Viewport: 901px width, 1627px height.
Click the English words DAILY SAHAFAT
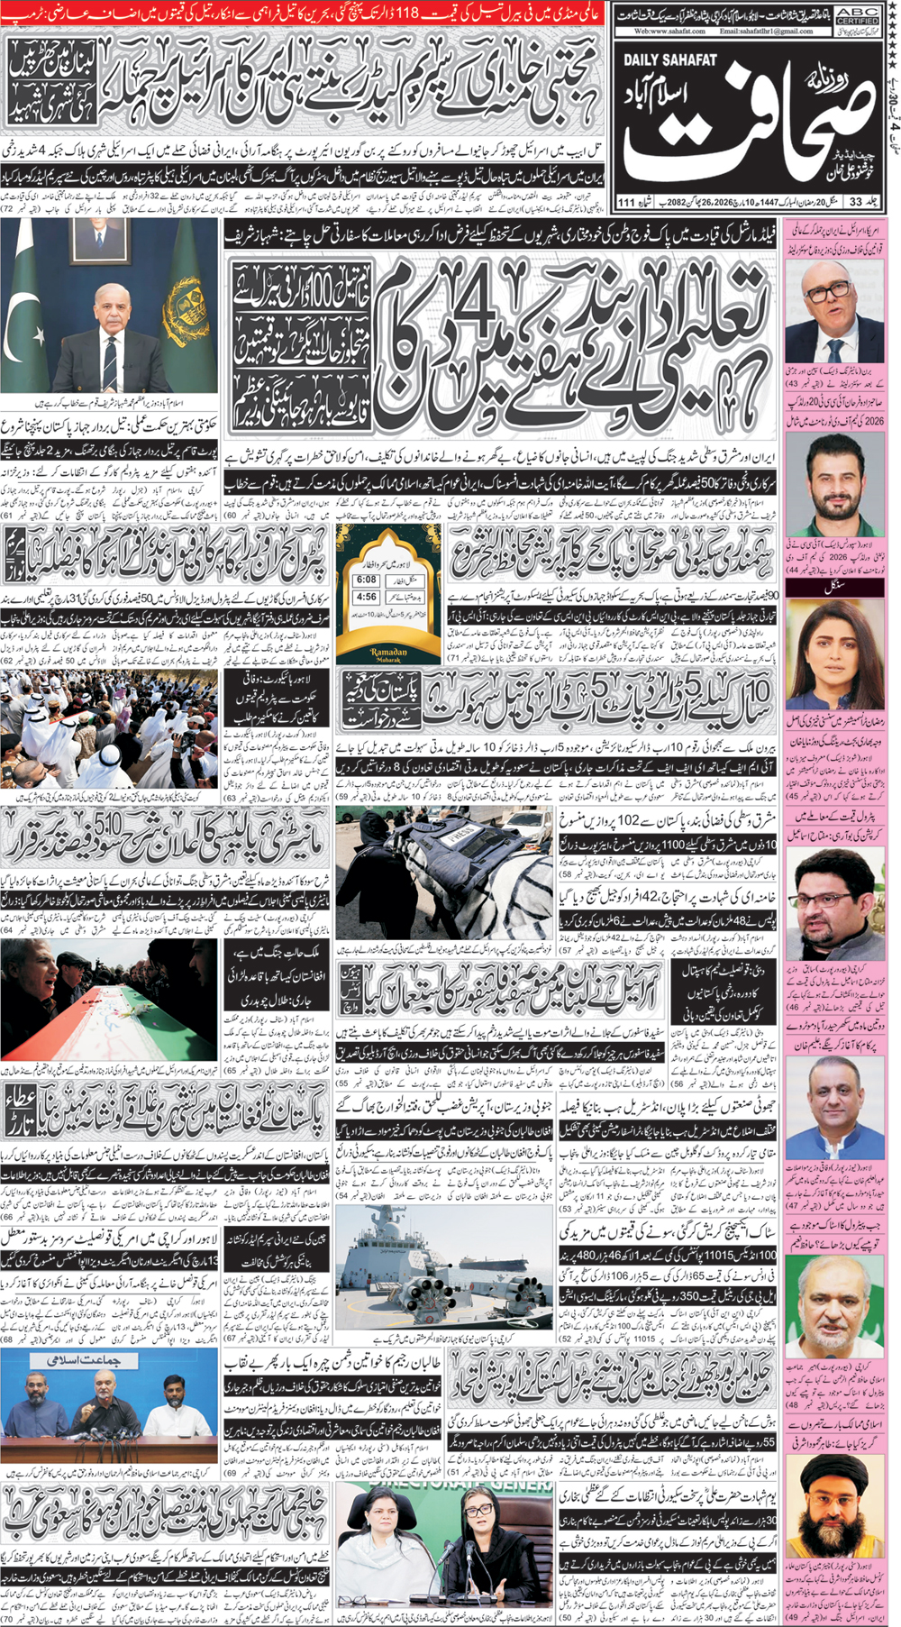coord(671,60)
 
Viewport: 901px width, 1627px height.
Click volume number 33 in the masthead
coord(855,201)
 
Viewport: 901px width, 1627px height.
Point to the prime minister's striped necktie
coord(109,359)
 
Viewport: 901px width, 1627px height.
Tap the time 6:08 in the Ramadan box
coord(366,580)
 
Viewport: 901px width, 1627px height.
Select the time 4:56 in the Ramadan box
coord(366,597)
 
